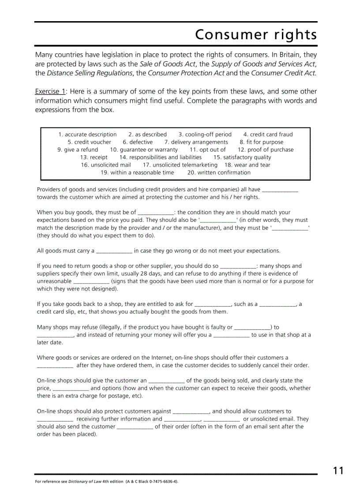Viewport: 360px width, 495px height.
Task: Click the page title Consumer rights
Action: [256, 35]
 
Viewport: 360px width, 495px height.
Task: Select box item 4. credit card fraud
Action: [268, 134]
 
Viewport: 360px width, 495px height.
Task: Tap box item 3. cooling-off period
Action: [205, 134]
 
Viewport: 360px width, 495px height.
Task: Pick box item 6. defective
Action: [138, 142]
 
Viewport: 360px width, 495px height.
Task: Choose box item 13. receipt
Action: [94, 157]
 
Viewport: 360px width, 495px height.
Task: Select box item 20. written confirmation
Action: [219, 172]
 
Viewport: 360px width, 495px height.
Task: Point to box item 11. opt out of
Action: [207, 150]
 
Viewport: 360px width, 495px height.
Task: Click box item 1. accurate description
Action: [87, 134]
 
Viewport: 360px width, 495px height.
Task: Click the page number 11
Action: [338, 471]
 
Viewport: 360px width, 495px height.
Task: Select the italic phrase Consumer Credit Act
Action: [283, 73]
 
